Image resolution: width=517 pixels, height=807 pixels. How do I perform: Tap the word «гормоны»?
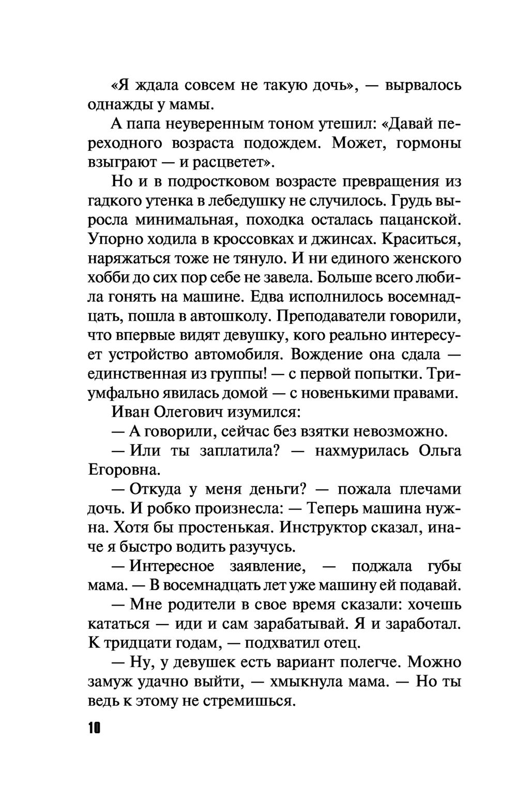tap(428, 143)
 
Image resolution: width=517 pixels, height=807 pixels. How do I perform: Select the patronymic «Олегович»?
tap(189, 412)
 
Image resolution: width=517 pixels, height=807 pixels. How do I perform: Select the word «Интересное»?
tap(172, 566)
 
